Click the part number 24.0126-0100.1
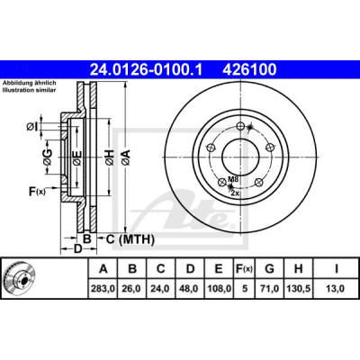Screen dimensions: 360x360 coord(146,69)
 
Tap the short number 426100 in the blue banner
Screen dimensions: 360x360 coord(249,69)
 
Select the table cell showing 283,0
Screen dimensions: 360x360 coord(103,289)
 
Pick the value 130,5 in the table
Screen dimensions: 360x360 coord(298,289)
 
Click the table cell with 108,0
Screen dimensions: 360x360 coord(219,289)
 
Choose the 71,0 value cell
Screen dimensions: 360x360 coord(270,289)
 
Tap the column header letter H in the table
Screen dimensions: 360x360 coord(298,269)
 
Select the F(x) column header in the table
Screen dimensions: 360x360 coord(245,269)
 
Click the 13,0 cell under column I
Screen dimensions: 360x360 coord(336,289)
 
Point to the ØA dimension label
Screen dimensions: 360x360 coord(126,157)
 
